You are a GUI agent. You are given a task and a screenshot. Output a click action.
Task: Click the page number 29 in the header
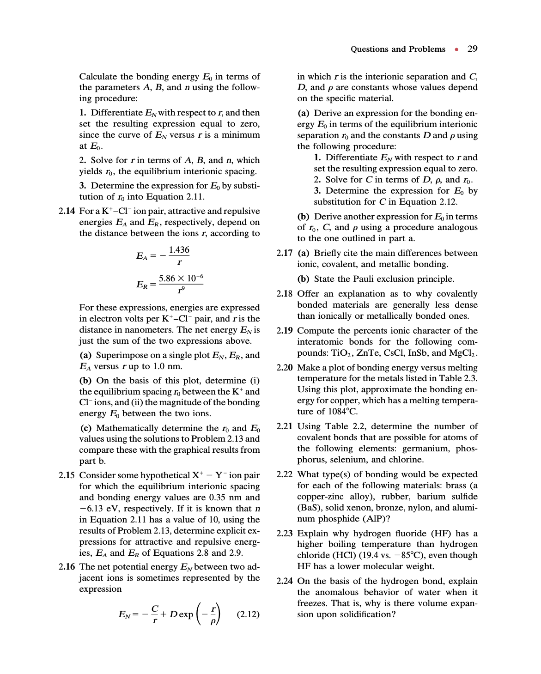(x=472, y=49)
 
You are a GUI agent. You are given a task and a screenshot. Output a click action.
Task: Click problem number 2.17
(x=285, y=253)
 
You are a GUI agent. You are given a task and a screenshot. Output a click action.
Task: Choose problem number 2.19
(x=285, y=331)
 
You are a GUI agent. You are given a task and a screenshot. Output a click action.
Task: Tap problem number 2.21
(x=285, y=426)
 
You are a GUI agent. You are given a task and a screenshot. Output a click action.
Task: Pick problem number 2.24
(x=285, y=581)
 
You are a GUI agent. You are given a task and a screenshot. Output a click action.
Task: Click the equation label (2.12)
(x=248, y=614)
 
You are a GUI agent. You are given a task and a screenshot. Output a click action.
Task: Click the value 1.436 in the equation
(x=179, y=250)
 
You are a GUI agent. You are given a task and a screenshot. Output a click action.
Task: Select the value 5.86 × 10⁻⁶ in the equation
(x=181, y=278)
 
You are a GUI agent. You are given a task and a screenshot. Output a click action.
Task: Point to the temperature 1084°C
(x=340, y=412)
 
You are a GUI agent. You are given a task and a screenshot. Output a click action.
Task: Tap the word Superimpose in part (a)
(x=123, y=355)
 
